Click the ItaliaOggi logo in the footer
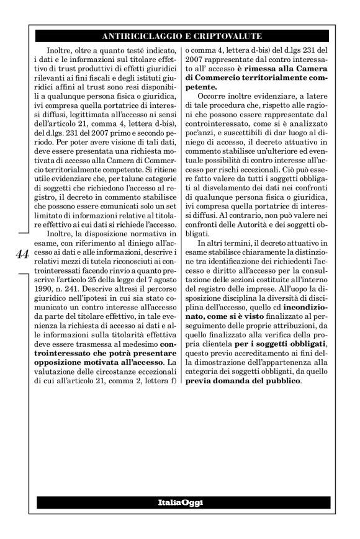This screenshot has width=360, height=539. (180, 501)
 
